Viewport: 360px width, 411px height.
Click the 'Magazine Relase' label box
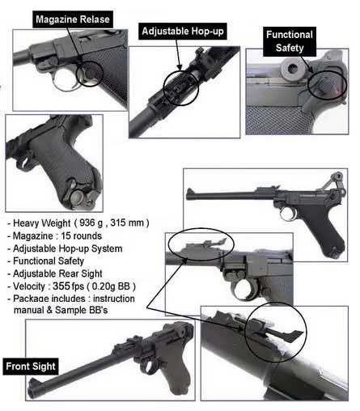[73, 19]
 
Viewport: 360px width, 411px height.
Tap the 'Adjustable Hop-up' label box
[183, 32]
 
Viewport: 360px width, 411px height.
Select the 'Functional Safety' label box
[290, 41]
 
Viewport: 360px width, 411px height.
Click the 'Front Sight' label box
[31, 367]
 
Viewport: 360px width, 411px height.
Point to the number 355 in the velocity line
[61, 286]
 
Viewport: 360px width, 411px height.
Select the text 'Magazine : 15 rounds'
[57, 235]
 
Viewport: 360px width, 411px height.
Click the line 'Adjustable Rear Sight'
[57, 273]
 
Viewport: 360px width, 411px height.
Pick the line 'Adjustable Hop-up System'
[67, 248]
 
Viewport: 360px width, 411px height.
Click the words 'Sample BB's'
[81, 310]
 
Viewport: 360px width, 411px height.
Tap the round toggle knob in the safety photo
[290, 69]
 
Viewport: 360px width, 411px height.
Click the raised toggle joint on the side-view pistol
[338, 177]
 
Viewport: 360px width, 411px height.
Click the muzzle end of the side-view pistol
[188, 194]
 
